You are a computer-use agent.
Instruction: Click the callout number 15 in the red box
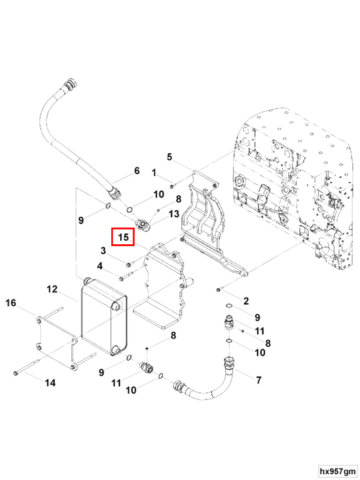123,237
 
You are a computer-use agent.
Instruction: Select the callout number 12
52,289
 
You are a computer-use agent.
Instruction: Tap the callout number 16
10,303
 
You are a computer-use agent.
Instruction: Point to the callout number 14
50,382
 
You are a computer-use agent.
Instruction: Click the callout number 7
259,380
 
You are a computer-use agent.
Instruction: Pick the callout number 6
137,171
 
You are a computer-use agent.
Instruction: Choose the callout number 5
170,157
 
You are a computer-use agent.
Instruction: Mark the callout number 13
173,214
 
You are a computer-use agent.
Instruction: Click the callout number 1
154,173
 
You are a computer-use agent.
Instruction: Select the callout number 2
246,301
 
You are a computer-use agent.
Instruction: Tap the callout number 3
103,250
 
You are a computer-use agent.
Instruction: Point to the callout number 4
100,266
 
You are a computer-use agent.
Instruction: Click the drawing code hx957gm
337,471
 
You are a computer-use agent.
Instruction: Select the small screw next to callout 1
172,187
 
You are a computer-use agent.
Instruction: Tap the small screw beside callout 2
218,288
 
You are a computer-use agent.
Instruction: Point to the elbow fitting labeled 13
143,225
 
